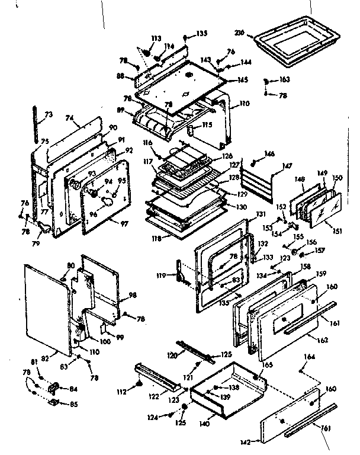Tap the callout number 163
(x=284, y=79)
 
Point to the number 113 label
(x=156, y=39)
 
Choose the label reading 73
(x=49, y=114)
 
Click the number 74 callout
(x=70, y=118)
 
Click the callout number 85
(x=73, y=405)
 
